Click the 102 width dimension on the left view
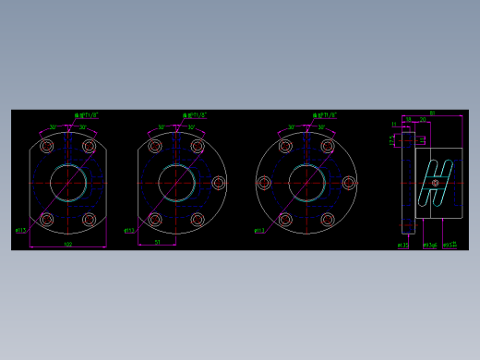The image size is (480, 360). coord(67,245)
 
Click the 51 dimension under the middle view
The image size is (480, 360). coord(158,242)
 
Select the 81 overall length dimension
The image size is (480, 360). coord(432,114)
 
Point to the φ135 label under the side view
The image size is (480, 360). coord(403,246)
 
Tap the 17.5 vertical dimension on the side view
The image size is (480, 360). coord(392,139)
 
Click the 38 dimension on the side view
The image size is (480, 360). coord(408,119)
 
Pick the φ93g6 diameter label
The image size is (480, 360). coord(430,246)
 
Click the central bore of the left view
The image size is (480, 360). coord(68,182)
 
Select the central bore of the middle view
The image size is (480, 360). coord(175,182)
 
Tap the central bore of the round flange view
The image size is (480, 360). coord(306,182)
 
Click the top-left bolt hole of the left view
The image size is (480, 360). coord(47,146)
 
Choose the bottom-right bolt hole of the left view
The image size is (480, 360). coord(90,220)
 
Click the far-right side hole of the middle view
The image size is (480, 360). coord(219,183)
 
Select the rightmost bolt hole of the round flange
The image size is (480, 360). coord(349,183)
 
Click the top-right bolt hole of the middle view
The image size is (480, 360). coord(198,146)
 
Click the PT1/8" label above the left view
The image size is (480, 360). coord(88,116)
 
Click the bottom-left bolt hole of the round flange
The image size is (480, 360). coord(285,220)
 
